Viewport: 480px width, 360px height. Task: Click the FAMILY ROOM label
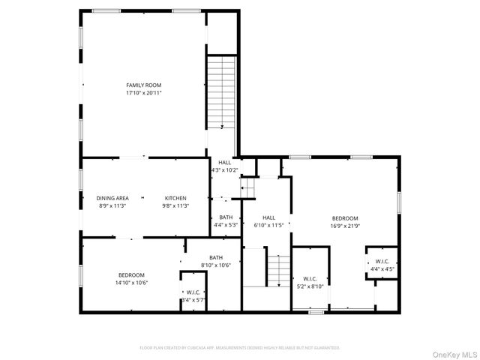[x=143, y=85]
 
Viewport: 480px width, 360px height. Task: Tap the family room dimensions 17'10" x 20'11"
[x=143, y=94]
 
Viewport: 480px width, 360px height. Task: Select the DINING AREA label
[x=112, y=198]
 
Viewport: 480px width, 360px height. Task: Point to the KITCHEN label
[x=176, y=198]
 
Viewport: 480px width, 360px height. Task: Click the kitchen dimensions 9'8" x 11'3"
[x=176, y=206]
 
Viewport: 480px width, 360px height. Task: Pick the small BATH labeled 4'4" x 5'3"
[x=226, y=217]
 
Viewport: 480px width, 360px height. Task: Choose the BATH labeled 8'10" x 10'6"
[x=216, y=257]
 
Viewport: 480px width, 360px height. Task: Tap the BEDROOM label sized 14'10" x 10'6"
[x=130, y=274]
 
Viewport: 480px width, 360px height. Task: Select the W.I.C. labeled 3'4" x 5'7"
[x=193, y=292]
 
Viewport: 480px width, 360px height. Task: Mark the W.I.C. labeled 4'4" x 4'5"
[x=381, y=261]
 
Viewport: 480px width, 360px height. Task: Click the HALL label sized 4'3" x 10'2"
[x=225, y=162]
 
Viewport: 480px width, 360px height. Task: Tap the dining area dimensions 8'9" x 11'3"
[x=112, y=206]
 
